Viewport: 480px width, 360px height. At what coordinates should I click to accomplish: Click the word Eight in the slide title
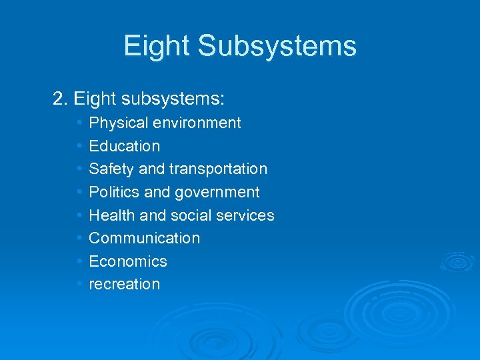point(157,46)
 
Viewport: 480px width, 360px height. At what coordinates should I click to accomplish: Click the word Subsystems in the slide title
point(278,46)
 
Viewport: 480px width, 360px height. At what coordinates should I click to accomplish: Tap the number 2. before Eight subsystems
point(61,100)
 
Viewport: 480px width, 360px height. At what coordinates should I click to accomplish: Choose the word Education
point(125,146)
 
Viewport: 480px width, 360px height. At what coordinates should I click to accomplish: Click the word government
point(217,193)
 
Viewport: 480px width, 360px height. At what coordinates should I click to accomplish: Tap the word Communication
point(144,238)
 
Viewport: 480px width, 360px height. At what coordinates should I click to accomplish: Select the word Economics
point(128,261)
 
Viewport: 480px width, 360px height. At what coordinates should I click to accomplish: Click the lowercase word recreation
point(124,284)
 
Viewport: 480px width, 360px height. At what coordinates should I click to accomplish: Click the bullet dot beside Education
point(79,146)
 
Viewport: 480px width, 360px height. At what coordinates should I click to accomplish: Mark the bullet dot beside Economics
point(79,261)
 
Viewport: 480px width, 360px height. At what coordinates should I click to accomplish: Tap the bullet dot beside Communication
point(79,238)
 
